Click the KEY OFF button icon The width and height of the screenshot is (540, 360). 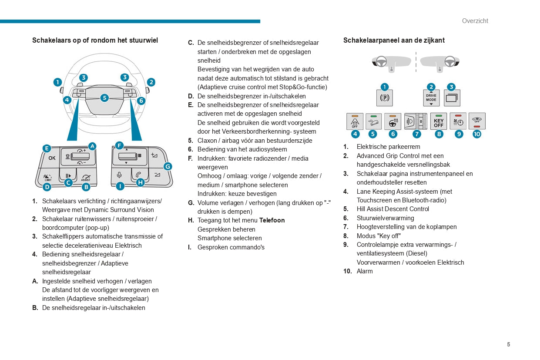[x=438, y=121]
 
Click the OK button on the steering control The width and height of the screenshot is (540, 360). [x=52, y=158]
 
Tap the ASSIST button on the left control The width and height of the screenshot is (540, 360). [x=86, y=177]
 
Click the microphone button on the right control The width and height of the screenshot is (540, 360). [x=119, y=175]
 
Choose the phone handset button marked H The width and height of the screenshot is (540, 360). [x=138, y=175]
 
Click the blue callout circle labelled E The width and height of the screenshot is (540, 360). [x=47, y=148]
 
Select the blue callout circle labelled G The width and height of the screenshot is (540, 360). [x=168, y=166]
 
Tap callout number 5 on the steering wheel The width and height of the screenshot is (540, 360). [x=104, y=98]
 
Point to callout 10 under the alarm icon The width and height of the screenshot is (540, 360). [x=477, y=134]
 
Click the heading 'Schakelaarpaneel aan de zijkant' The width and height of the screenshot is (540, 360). [x=394, y=40]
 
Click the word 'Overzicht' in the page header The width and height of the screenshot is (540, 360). [x=475, y=21]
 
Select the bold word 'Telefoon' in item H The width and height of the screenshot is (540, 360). [x=272, y=220]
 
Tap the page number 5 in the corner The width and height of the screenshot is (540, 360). [x=508, y=344]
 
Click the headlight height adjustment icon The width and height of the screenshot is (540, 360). [x=415, y=121]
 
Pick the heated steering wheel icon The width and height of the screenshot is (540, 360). [x=393, y=121]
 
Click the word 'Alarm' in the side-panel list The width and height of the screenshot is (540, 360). [x=365, y=271]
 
